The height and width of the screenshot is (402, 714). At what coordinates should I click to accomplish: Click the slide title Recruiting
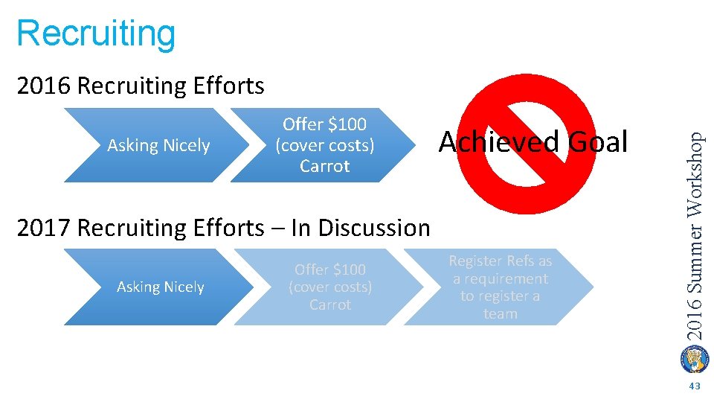tap(96, 33)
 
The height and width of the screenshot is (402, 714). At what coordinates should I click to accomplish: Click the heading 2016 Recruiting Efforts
tap(140, 86)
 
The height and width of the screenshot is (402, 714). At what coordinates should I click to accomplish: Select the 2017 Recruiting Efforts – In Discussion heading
tap(223, 227)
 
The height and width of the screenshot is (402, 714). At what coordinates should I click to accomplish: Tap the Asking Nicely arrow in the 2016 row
tap(158, 145)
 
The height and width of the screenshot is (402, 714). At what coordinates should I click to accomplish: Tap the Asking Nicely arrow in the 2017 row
tap(160, 287)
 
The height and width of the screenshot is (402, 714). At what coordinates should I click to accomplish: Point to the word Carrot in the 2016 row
tap(324, 166)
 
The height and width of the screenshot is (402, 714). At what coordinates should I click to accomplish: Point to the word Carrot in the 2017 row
tap(330, 304)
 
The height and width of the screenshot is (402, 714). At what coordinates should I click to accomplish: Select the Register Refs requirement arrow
tap(500, 287)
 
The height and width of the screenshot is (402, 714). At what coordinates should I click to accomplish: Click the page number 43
tap(695, 386)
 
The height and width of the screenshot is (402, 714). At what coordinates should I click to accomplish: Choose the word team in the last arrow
tap(500, 313)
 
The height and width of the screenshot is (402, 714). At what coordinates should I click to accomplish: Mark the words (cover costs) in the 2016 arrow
tap(324, 145)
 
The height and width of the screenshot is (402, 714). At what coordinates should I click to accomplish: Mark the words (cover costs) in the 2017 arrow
tap(330, 287)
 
